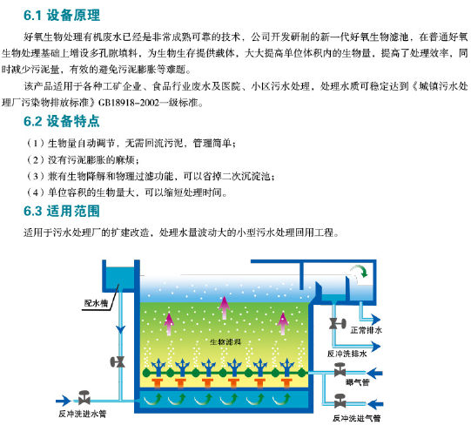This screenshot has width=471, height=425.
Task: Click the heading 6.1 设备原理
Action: (x=62, y=16)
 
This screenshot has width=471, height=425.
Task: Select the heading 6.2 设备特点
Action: (x=62, y=121)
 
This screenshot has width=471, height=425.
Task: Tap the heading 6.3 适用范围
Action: (x=62, y=211)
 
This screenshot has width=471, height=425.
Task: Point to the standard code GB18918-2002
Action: (x=129, y=103)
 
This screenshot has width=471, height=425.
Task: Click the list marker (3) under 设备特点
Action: (x=36, y=176)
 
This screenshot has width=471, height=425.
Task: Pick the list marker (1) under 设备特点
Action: (x=36, y=143)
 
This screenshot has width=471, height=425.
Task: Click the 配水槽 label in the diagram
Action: (x=96, y=303)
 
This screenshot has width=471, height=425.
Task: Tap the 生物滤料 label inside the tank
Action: (x=225, y=341)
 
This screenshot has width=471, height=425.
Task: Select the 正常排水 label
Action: (x=366, y=330)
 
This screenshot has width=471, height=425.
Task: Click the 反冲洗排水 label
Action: (x=347, y=354)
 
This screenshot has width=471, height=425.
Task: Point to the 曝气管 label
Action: (x=358, y=382)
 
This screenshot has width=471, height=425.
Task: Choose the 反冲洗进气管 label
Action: (x=356, y=418)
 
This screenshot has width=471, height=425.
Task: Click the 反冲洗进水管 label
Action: (x=83, y=414)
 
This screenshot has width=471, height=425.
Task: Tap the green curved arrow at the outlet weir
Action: (x=360, y=270)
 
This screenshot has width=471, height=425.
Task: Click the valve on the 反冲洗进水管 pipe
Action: (x=84, y=397)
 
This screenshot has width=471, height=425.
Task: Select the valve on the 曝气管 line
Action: (x=340, y=370)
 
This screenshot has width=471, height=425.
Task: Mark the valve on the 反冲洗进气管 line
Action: (x=340, y=401)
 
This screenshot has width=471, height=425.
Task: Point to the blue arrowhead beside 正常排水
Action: (x=375, y=320)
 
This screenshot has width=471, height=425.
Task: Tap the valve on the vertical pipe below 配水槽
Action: (x=118, y=361)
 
